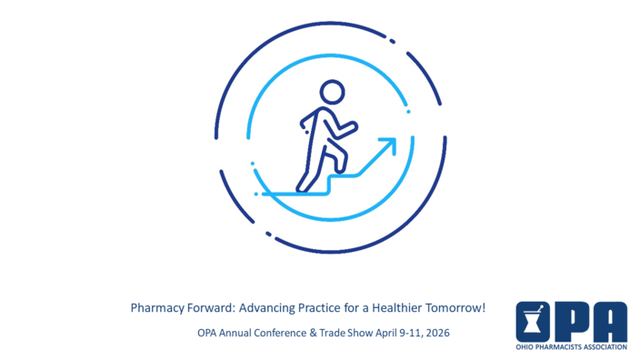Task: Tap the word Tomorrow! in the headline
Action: click(x=458, y=308)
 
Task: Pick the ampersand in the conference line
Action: click(x=311, y=333)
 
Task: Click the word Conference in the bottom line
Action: click(x=281, y=333)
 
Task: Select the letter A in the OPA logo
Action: click(x=608, y=322)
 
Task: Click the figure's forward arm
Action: click(x=345, y=128)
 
